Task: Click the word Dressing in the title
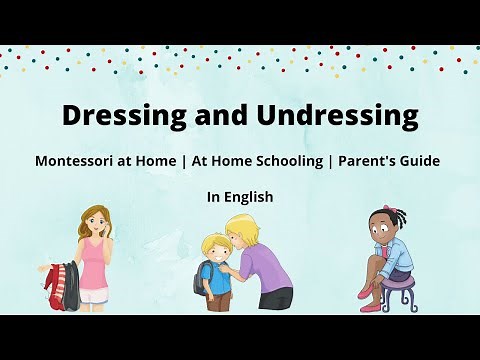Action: point(117,116)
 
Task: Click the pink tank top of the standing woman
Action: point(93,264)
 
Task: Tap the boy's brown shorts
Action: point(219,299)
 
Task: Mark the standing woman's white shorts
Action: point(94,294)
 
